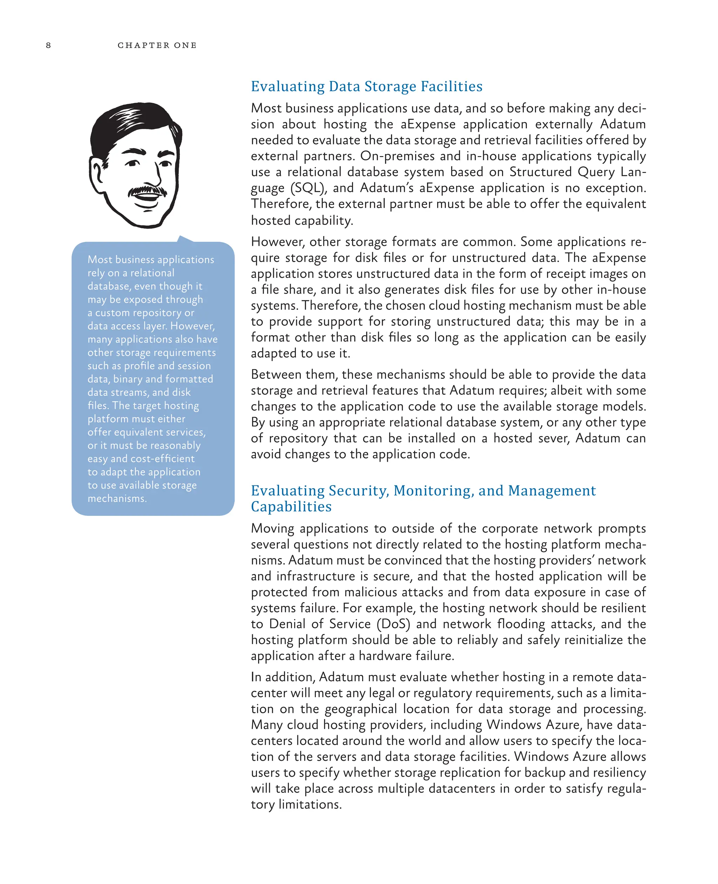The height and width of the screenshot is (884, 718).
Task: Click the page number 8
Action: (x=48, y=45)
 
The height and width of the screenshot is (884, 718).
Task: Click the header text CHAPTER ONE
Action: (x=157, y=45)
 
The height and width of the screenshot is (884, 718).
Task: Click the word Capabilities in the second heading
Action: (x=291, y=507)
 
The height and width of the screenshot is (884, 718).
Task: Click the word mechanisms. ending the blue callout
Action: (x=117, y=498)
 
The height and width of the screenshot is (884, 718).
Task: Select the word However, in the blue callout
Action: (x=193, y=326)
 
